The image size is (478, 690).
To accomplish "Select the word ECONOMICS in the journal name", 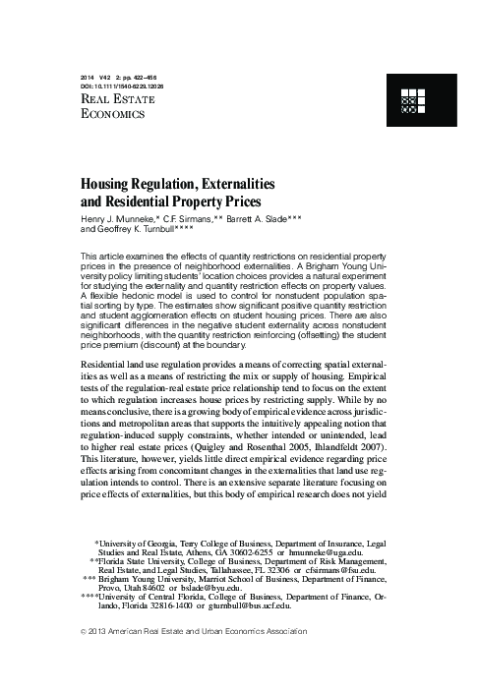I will pyautogui.click(x=113, y=115).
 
